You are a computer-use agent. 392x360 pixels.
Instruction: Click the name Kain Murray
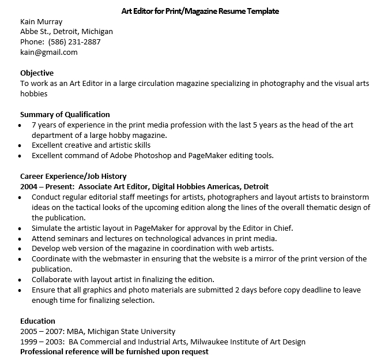[41, 21]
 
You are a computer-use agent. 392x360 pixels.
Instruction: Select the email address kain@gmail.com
[48, 52]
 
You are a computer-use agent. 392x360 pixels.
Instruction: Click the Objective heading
[37, 73]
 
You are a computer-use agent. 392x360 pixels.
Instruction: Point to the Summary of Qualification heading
[65, 114]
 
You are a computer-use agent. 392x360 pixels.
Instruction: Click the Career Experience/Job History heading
[73, 177]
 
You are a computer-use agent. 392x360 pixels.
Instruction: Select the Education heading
[37, 321]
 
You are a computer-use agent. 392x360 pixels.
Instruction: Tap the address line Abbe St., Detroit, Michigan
[66, 32]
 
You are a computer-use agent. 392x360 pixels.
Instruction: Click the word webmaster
[114, 259]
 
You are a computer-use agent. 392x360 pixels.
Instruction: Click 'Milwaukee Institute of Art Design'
[248, 342]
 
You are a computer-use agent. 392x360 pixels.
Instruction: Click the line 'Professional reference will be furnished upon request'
[114, 352]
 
